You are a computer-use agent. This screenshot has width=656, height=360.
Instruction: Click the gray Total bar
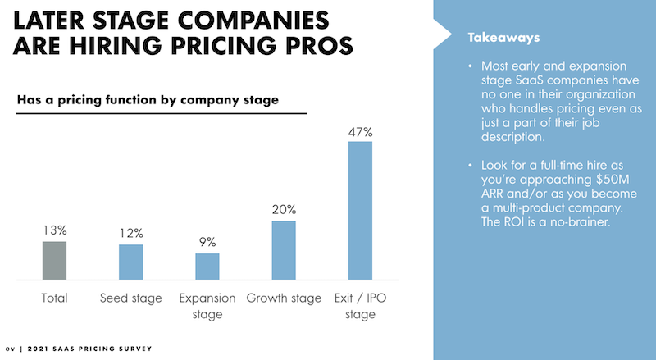54,261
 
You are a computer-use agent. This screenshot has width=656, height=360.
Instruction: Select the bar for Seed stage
130,262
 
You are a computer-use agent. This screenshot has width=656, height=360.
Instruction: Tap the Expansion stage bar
207,267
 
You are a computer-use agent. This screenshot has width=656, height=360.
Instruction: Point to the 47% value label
360,130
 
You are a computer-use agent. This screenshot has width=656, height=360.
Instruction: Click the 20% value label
284,209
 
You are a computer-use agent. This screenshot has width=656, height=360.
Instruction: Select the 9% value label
207,242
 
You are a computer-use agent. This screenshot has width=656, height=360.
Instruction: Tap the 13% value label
54,230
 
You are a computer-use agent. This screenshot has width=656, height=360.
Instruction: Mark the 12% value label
130,233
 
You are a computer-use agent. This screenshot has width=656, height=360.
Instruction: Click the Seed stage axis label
130,298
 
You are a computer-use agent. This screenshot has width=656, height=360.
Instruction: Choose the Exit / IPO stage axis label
360,305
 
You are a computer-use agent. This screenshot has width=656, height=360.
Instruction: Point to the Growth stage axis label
284,298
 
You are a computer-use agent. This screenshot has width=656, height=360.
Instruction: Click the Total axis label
54,298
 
